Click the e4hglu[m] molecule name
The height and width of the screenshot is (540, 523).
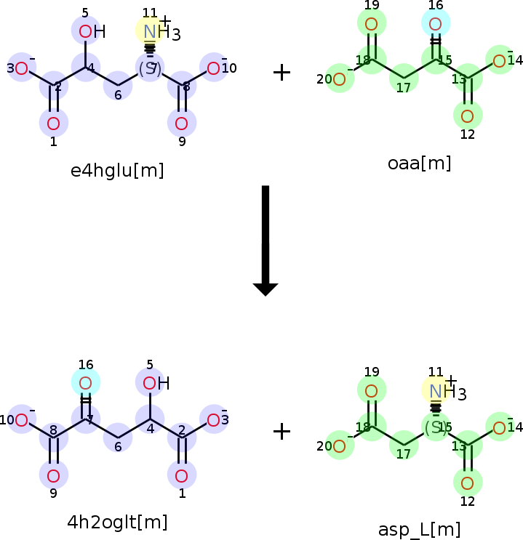click(117, 171)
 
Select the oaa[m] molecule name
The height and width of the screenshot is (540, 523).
click(420, 164)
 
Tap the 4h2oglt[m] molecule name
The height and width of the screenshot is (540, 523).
click(117, 522)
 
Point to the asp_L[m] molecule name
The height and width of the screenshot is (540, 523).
click(420, 529)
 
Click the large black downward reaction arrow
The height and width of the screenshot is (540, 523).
click(266, 240)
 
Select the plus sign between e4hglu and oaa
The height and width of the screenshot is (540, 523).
click(282, 72)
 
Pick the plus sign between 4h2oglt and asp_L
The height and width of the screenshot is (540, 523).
click(282, 432)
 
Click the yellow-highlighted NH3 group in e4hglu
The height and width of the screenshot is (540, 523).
click(151, 31)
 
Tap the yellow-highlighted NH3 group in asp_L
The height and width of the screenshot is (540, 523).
click(436, 391)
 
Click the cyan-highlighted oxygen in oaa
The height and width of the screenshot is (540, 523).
click(435, 24)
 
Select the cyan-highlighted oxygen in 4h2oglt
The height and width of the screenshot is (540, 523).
click(85, 383)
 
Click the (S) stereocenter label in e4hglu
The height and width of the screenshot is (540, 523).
click(149, 69)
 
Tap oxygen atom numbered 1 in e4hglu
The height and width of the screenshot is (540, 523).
click(53, 123)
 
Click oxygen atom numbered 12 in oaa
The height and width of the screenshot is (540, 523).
click(467, 115)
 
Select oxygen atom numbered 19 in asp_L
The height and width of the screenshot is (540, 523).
click(371, 390)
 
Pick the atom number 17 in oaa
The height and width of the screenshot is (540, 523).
click(403, 89)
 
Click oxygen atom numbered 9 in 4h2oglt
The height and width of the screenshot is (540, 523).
click(53, 476)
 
